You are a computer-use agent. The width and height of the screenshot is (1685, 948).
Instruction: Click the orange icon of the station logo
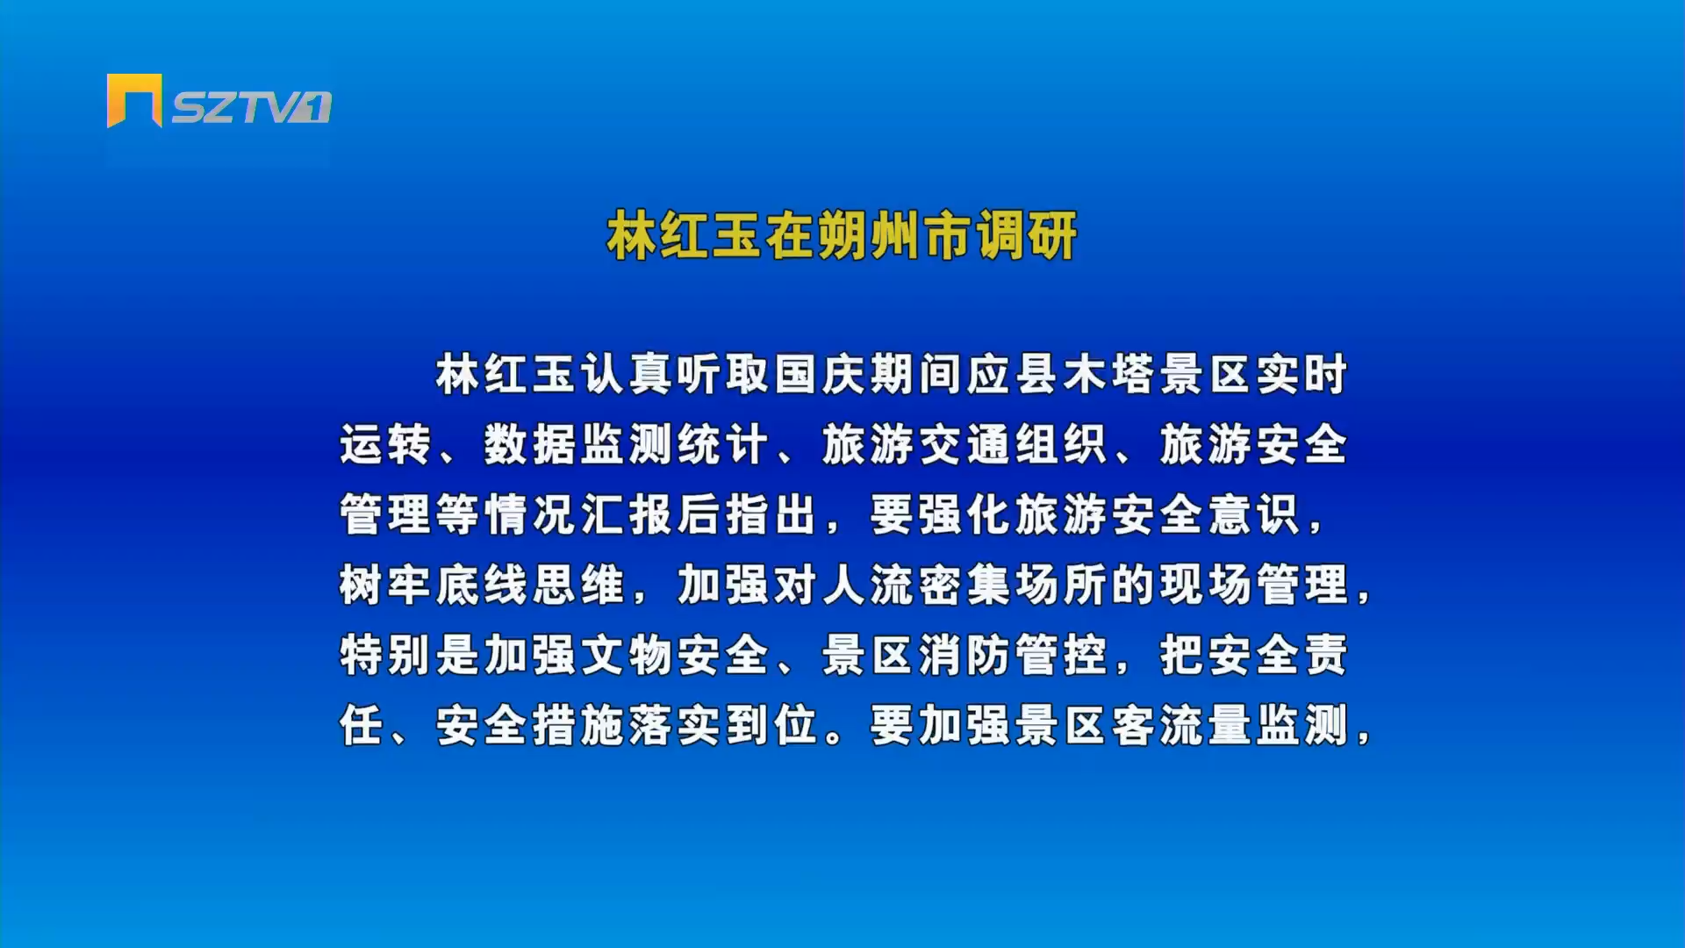[134, 100]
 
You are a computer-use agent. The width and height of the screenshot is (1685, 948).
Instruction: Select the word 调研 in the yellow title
[1027, 235]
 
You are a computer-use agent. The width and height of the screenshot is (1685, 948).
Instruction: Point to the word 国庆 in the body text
[821, 374]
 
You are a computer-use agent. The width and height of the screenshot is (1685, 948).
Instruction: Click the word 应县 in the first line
[1014, 374]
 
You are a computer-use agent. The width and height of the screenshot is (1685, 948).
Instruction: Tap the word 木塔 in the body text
[1110, 374]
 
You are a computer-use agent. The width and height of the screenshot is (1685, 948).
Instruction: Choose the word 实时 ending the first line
[1303, 374]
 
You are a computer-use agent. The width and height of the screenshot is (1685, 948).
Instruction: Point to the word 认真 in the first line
[627, 374]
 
